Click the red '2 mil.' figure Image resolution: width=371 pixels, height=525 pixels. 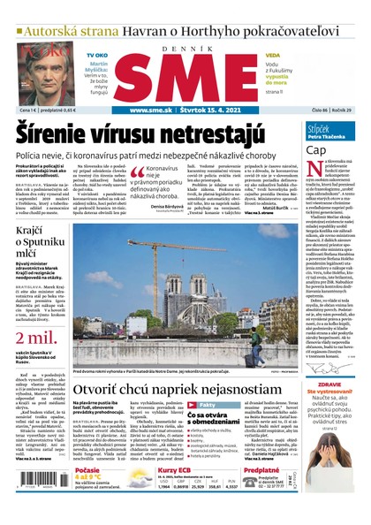pos(30,314)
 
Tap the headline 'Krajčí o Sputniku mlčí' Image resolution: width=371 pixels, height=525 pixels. pos(36,239)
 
